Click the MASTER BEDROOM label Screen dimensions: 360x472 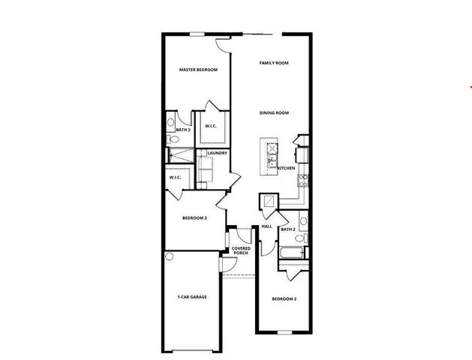[198, 70]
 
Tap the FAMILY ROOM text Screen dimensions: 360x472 [274, 63]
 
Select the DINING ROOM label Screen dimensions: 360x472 [274, 112]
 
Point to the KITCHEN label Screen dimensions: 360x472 [286, 168]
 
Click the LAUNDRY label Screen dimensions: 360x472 [218, 154]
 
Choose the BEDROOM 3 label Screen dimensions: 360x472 [194, 218]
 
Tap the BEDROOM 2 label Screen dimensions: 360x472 [284, 299]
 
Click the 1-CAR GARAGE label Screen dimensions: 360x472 [192, 297]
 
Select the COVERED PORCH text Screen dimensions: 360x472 [241, 250]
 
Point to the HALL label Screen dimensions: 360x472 [266, 226]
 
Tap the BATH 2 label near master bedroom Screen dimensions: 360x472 [183, 130]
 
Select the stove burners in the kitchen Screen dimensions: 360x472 [302, 179]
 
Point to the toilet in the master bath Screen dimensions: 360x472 [171, 121]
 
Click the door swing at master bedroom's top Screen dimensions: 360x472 [222, 44]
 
